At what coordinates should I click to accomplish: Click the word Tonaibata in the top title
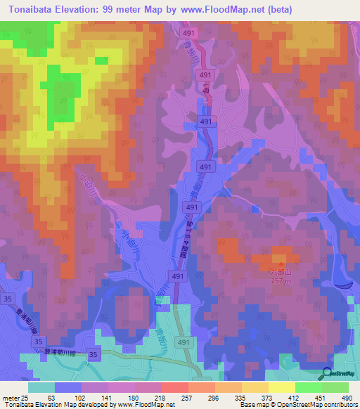click(x=34, y=9)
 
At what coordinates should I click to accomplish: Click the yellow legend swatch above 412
click(x=282, y=387)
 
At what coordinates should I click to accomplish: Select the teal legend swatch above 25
click(x=41, y=387)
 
